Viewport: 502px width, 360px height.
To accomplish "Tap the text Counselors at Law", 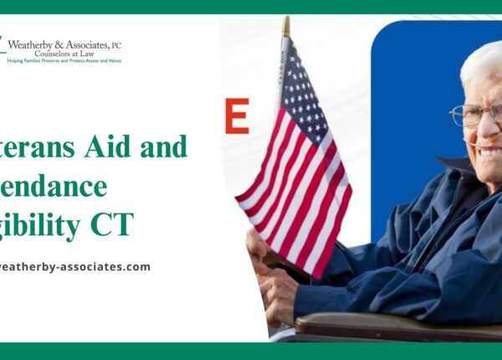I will click(63, 53).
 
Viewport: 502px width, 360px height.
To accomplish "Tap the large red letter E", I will click(237, 116).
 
